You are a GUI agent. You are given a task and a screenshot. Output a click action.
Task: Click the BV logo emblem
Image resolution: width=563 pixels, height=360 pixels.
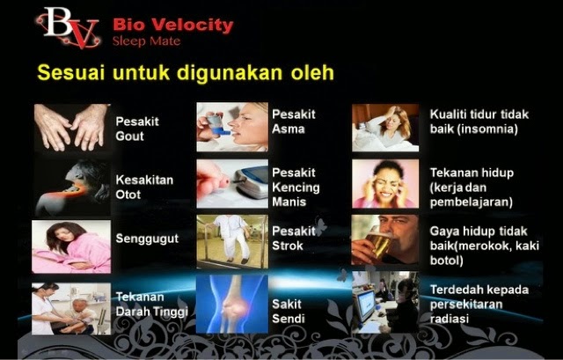69,27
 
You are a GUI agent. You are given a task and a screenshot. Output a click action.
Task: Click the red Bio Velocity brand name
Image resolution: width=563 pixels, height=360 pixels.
173,26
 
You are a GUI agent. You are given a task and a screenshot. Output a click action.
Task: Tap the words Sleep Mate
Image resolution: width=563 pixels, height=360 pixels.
146,41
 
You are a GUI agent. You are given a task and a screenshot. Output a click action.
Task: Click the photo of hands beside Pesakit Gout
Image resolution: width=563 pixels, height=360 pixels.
71,127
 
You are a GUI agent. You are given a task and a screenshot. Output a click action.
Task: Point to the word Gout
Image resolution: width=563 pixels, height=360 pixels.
129,136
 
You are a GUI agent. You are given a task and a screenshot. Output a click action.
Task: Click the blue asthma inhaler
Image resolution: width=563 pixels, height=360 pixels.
217,124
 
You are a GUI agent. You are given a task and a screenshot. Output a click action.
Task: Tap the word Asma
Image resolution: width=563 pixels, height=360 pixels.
289,129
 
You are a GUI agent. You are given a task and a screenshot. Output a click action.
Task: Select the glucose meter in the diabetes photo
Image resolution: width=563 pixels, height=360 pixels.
252,181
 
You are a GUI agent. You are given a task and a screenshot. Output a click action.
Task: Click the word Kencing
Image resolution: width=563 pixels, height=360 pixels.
296,187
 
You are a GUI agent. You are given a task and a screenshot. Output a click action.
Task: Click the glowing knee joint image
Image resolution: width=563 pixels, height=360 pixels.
232,304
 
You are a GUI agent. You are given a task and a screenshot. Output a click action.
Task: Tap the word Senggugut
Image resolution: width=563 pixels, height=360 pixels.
147,239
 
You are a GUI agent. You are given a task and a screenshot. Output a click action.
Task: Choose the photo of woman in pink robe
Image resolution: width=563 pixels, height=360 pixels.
71,246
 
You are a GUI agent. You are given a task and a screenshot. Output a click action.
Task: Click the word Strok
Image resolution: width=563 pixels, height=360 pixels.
288,246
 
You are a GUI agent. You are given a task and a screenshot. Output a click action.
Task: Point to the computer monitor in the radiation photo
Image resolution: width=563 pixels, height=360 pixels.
363,305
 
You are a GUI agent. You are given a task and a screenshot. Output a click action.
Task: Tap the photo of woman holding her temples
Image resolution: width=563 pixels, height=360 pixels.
385,184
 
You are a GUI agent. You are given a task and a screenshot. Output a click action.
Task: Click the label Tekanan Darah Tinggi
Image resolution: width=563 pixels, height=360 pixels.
152,305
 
